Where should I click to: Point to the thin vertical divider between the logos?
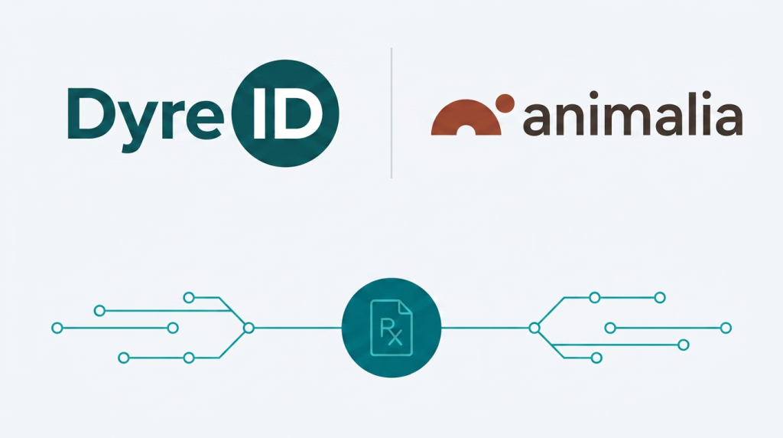[x=391, y=113]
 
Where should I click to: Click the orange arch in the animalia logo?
[x=466, y=117]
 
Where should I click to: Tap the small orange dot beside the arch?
[x=505, y=103]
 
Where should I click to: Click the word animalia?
[x=632, y=114]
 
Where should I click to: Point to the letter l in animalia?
[x=696, y=113]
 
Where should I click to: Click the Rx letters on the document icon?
[x=391, y=331]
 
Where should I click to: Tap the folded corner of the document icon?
[x=405, y=307]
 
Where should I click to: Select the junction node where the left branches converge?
[x=249, y=328]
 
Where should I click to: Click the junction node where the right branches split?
[x=534, y=328]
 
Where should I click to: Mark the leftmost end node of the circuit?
[x=57, y=328]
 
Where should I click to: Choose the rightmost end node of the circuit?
[x=726, y=328]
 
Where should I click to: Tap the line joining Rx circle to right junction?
[x=485, y=328]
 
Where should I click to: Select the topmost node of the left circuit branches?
[x=189, y=298]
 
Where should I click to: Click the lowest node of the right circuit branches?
[x=596, y=358]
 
